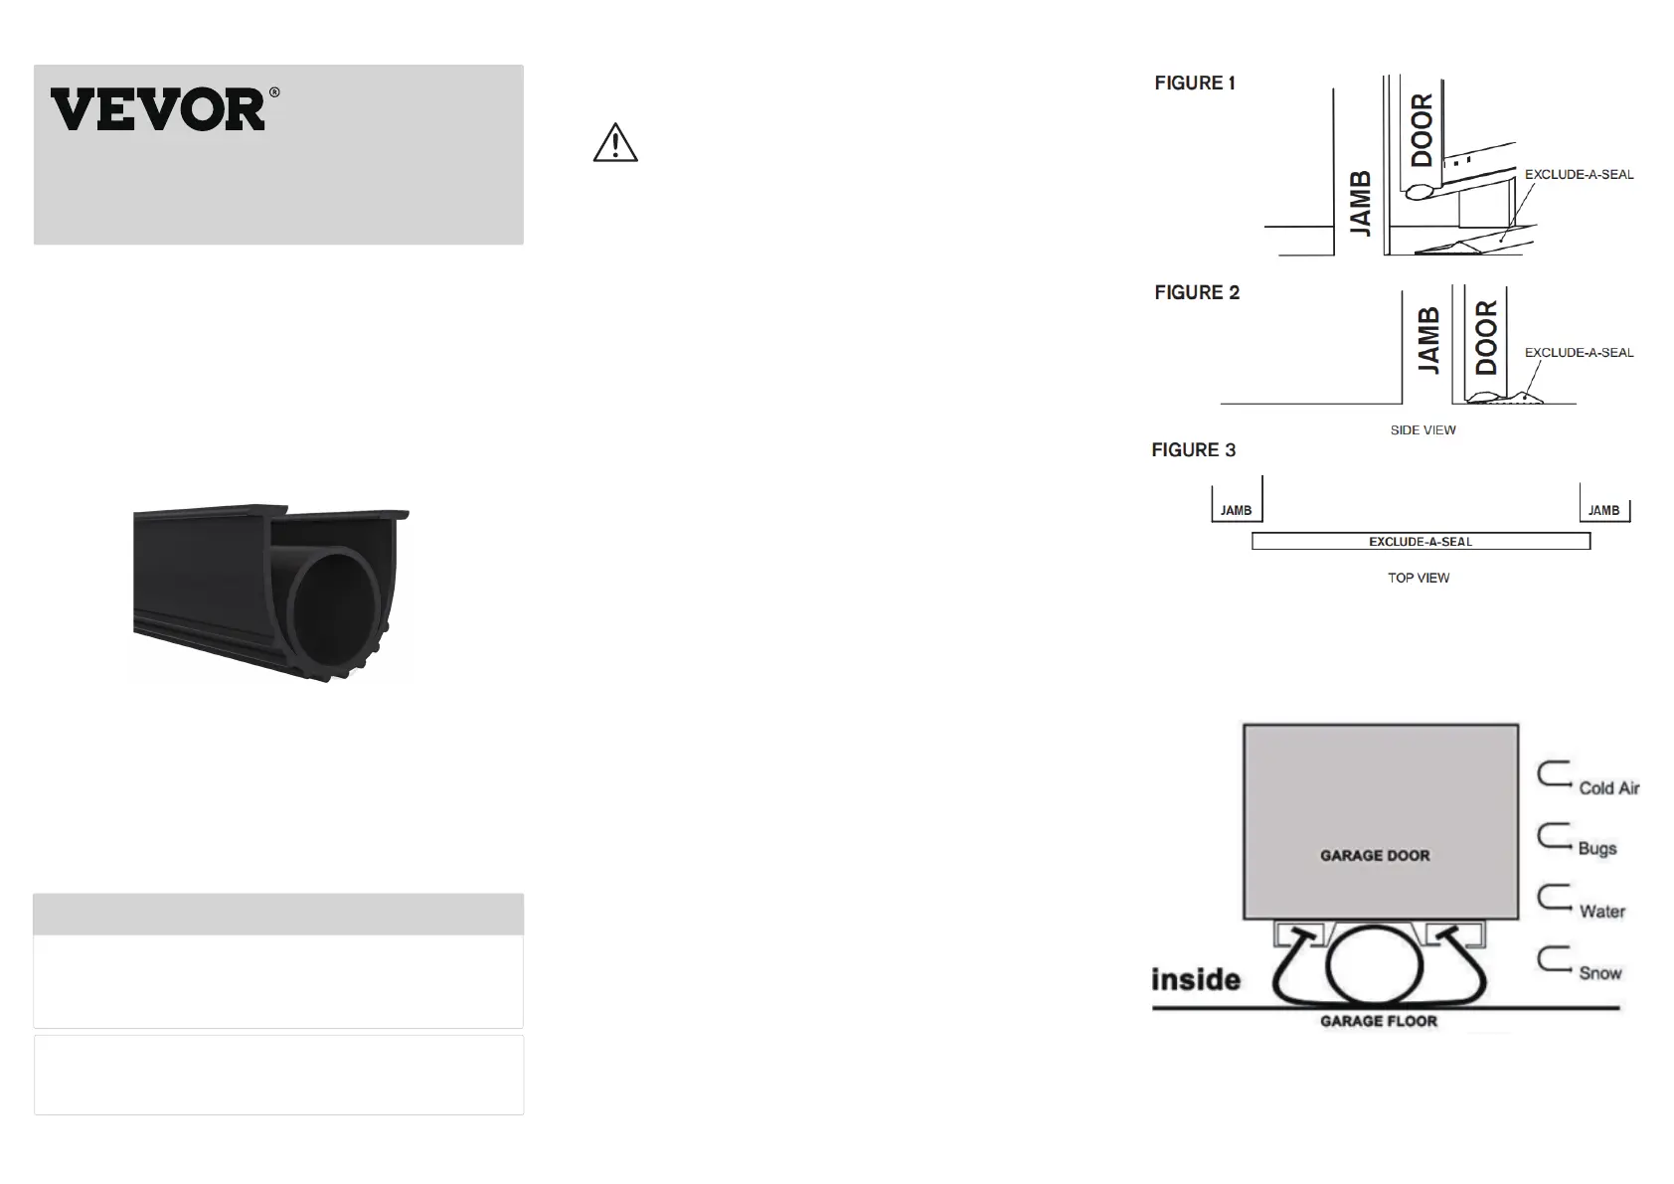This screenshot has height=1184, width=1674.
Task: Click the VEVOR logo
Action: (x=164, y=109)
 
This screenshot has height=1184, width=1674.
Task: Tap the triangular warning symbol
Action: (x=615, y=143)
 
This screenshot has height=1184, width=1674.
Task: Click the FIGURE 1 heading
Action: (x=1194, y=83)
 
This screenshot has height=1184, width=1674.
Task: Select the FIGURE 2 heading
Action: (x=1197, y=292)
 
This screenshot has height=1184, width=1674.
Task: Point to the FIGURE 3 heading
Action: (x=1194, y=450)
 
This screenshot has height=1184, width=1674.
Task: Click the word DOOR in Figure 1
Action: (x=1422, y=130)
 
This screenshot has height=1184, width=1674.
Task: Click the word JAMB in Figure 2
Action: (x=1428, y=340)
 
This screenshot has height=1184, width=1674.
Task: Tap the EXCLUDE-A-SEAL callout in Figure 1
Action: (x=1580, y=175)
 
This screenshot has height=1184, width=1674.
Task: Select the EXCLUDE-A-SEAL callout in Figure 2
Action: (x=1580, y=353)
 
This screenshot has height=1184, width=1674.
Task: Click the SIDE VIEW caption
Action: (x=1423, y=430)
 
